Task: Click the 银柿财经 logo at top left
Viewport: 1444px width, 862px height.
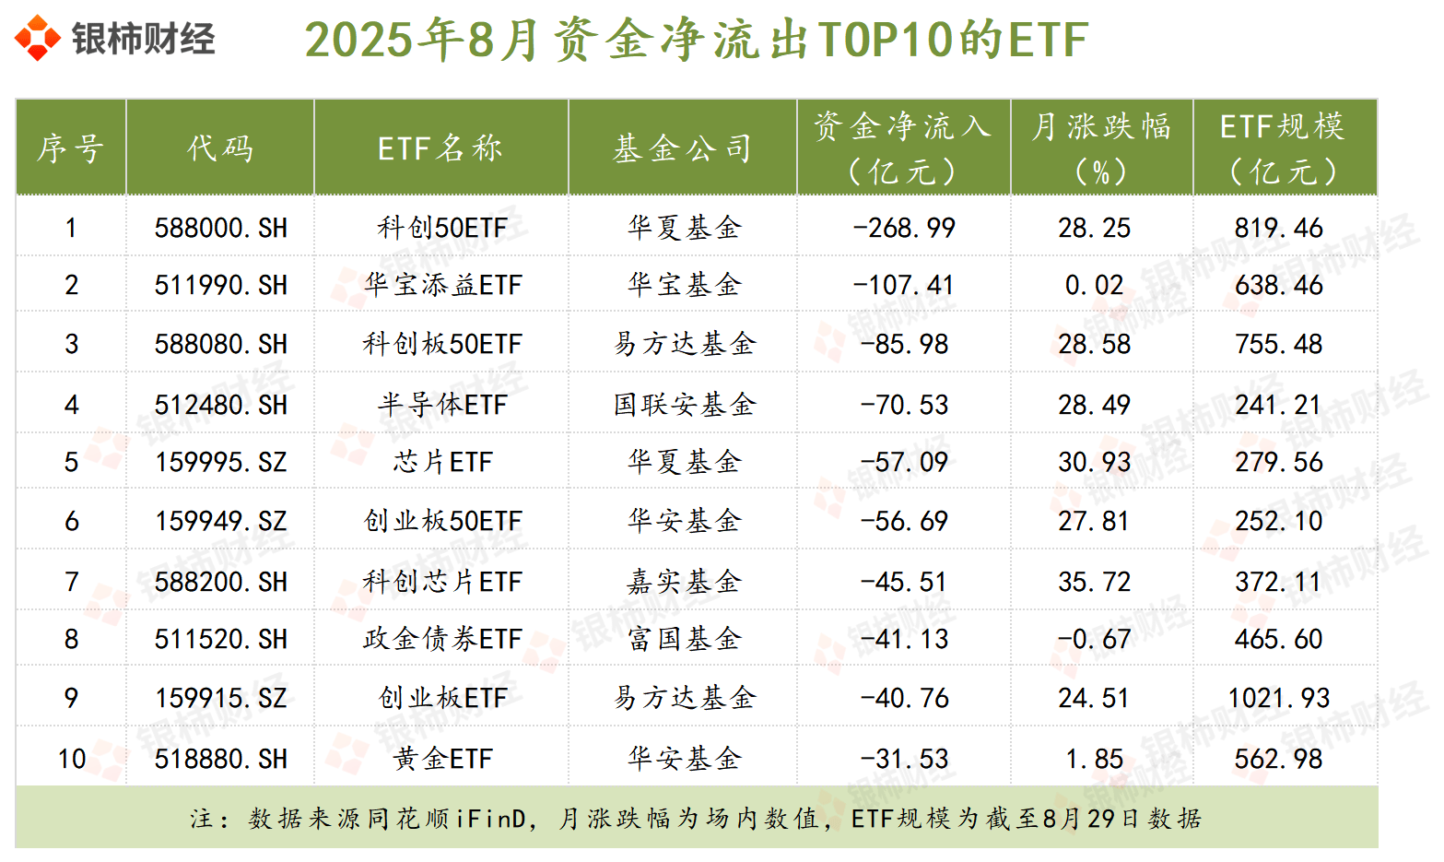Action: (116, 39)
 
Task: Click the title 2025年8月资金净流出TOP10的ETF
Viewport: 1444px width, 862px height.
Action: (696, 41)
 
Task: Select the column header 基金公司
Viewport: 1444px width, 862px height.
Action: (683, 148)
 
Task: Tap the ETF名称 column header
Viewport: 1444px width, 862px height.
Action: (440, 148)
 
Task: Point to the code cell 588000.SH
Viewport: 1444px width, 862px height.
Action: (221, 228)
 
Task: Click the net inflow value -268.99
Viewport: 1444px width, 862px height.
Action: (904, 228)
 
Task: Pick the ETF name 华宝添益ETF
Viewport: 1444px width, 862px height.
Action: (442, 285)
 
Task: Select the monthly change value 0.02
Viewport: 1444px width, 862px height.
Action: (1094, 285)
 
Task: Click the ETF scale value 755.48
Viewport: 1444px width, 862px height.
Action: (1279, 344)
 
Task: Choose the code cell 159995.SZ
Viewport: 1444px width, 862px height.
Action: (221, 462)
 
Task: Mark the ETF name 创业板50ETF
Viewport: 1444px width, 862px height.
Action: (442, 521)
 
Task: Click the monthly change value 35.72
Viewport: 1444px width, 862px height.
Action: (1094, 582)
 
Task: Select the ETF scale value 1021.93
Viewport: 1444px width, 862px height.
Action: (1279, 698)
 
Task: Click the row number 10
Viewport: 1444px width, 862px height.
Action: (72, 759)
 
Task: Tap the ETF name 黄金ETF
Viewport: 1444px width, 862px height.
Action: (442, 759)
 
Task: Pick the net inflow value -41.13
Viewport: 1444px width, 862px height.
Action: (904, 639)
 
